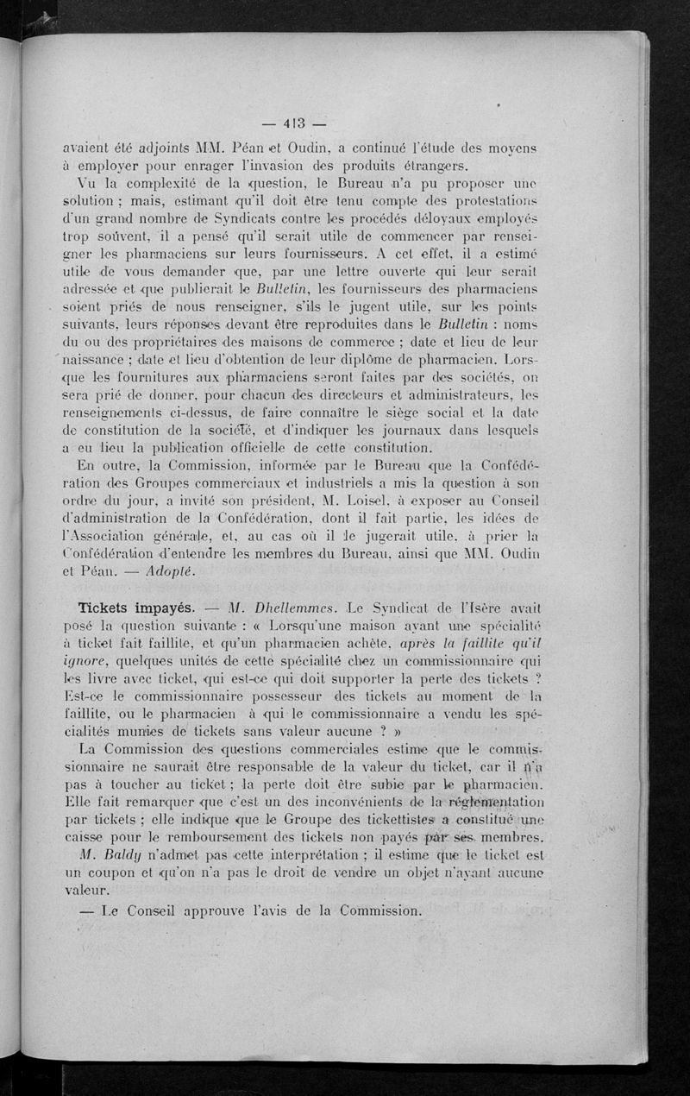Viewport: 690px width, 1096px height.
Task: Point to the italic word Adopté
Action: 172,571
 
